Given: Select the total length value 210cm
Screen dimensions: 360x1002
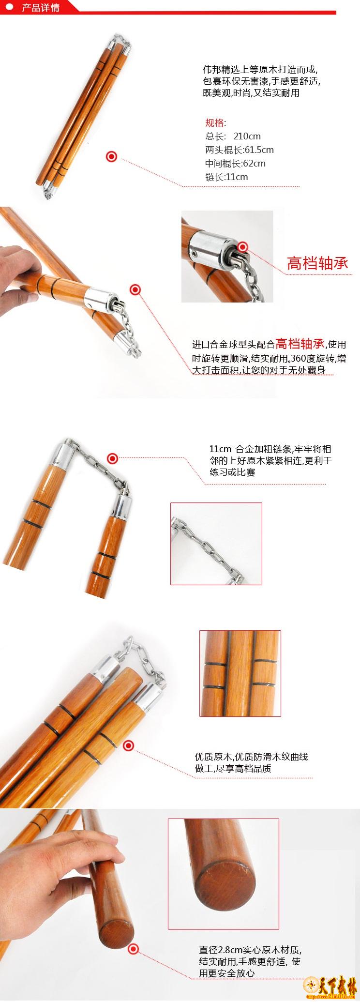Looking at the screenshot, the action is click(x=247, y=136).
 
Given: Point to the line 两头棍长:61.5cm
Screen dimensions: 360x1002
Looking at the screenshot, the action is click(x=239, y=150).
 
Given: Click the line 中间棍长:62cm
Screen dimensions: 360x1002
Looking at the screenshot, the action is click(x=235, y=163).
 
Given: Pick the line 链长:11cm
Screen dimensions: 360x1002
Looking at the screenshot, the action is click(x=226, y=177).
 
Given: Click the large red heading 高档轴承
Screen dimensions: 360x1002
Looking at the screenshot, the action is click(x=317, y=263).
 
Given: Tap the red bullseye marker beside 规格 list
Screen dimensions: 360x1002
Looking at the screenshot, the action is click(x=112, y=156).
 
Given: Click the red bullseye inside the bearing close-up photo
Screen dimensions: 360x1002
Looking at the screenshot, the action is click(x=242, y=247).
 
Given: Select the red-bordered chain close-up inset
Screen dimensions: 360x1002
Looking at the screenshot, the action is click(x=216, y=544).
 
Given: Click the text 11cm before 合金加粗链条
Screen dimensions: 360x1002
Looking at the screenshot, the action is click(x=220, y=449).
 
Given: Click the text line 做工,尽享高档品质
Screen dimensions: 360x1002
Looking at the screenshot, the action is click(x=233, y=768).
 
